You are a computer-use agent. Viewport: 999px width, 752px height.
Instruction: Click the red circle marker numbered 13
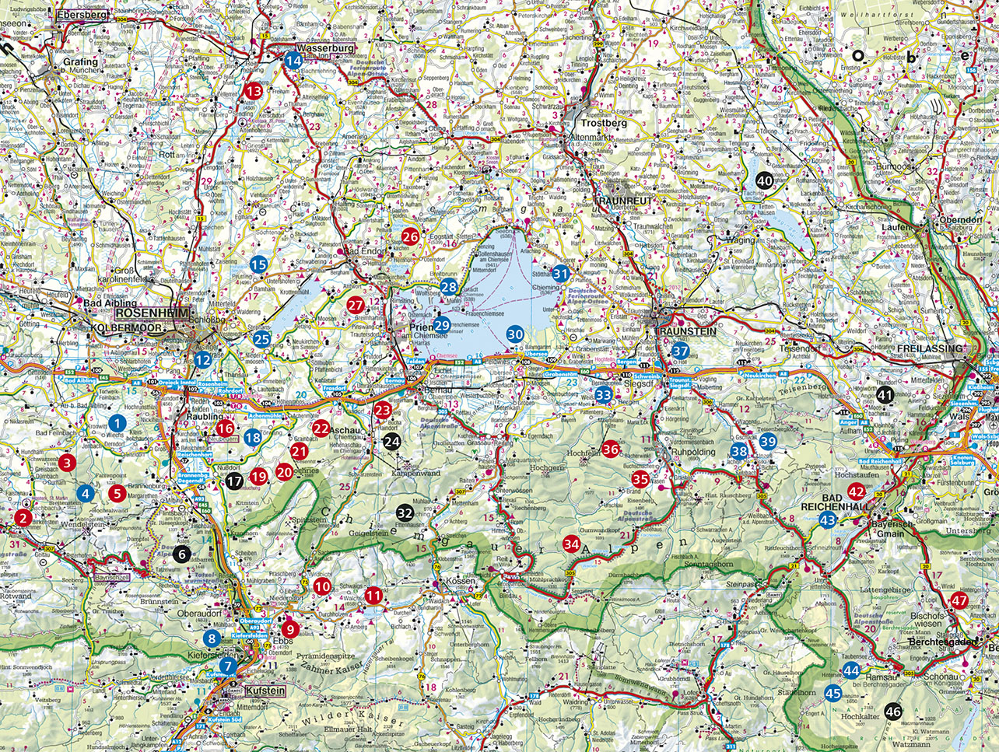coord(254,91)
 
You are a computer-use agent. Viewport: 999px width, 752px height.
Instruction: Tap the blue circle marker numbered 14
coord(293,61)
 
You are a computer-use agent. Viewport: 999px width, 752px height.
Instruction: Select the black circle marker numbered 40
coord(765,180)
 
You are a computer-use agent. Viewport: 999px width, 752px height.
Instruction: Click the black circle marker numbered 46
coord(893,712)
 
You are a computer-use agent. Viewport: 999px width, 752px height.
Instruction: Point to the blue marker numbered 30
coord(515,334)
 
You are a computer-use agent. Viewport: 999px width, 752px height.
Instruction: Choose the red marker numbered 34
coord(572,544)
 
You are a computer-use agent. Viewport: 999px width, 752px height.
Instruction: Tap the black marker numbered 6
coord(181,554)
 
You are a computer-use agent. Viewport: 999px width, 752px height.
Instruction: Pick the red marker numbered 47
coord(959,600)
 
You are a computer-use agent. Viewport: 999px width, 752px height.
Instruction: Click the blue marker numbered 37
coord(680,351)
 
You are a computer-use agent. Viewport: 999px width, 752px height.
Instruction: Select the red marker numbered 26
coord(409,237)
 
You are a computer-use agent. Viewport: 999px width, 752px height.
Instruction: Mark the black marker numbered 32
coord(405,512)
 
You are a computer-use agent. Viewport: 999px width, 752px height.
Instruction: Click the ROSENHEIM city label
coord(152,313)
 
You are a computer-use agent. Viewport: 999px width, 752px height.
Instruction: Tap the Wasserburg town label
coord(326,48)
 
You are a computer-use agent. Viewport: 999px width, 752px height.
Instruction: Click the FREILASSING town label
coord(930,348)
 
